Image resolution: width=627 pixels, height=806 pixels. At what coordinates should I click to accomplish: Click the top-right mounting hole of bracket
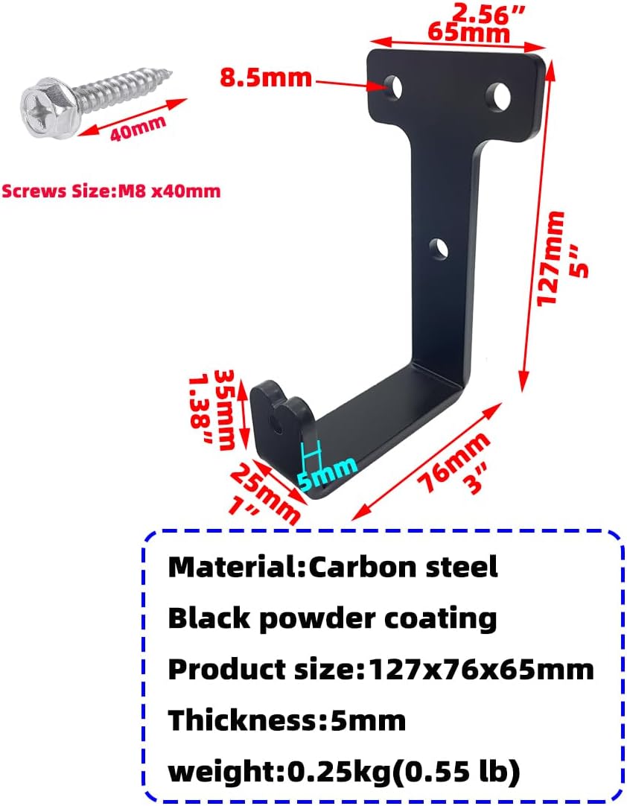[498, 95]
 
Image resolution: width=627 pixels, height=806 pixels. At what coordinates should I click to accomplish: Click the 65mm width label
[468, 33]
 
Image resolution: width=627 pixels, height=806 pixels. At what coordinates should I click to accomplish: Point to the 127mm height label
[551, 257]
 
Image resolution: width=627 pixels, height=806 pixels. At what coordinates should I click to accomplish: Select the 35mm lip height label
[224, 408]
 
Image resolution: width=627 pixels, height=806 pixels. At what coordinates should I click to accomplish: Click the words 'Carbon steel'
[403, 567]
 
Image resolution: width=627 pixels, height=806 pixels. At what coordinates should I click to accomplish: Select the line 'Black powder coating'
[332, 618]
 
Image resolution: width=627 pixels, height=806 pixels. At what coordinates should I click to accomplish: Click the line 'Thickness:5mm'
[287, 720]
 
